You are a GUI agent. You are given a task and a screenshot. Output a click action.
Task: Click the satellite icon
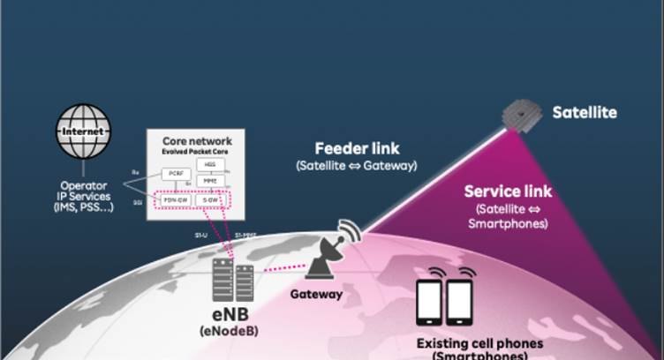522,116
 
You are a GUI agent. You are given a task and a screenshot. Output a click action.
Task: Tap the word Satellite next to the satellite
584,113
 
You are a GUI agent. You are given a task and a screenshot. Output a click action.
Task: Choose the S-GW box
211,200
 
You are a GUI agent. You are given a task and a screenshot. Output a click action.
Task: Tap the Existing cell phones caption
468,344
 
